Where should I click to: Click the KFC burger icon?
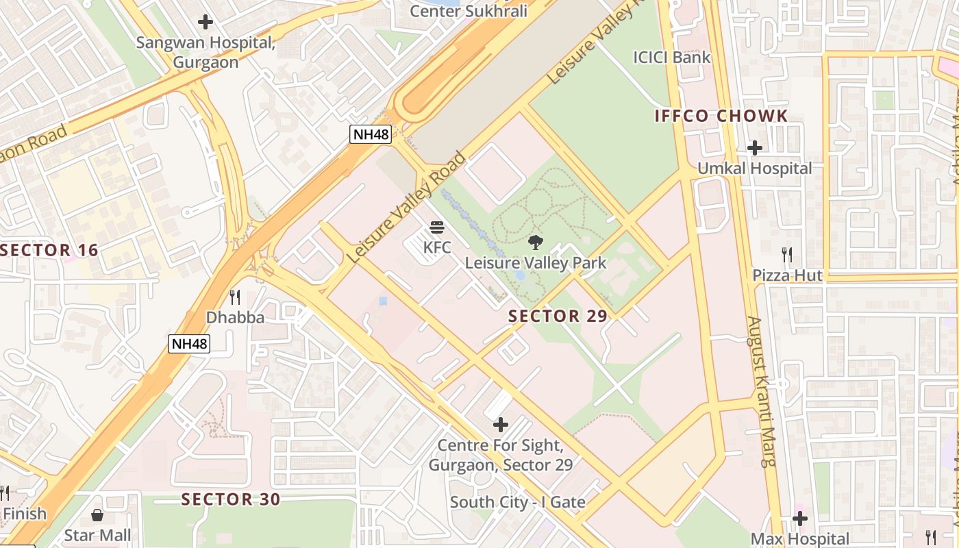click(x=437, y=227)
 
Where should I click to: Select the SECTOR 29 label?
click(x=558, y=316)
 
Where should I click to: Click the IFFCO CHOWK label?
click(x=721, y=116)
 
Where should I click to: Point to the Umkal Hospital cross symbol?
click(x=754, y=147)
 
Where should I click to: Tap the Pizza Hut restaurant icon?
click(x=787, y=255)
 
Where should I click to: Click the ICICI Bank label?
click(x=672, y=58)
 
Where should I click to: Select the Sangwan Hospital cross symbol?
click(x=206, y=22)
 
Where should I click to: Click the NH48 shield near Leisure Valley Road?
click(x=371, y=134)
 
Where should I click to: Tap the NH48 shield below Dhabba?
click(x=189, y=344)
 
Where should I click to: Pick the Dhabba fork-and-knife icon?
click(x=235, y=297)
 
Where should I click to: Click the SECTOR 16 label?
click(x=49, y=250)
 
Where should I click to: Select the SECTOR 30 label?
click(x=231, y=499)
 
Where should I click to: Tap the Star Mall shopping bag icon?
click(x=97, y=514)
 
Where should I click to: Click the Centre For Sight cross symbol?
click(x=501, y=425)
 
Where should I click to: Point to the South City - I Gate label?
click(x=517, y=502)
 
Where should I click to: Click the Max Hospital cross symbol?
click(x=799, y=519)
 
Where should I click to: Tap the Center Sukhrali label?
click(x=469, y=11)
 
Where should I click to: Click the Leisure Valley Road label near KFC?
click(x=407, y=208)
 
